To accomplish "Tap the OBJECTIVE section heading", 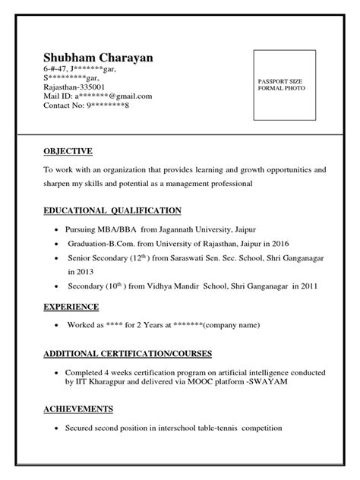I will tap(68, 151).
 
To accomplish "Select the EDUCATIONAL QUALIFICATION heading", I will tap(112, 210).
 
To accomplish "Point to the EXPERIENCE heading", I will tap(71, 307).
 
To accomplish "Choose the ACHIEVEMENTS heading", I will tap(79, 409).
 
